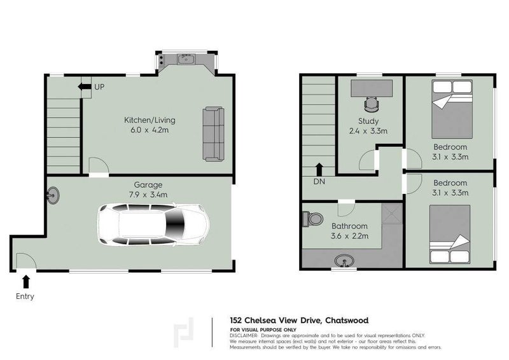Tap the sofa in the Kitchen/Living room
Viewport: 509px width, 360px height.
click(213, 134)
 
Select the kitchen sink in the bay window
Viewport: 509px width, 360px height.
click(186, 60)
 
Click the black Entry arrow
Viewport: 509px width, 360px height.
click(25, 280)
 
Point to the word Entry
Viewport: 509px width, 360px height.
click(25, 296)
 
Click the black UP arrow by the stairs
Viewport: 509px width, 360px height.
click(83, 87)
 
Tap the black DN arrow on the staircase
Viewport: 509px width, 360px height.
click(319, 169)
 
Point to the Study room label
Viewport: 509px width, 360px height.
click(368, 121)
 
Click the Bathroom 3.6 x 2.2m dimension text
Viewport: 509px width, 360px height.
click(349, 237)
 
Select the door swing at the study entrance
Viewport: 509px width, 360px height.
click(368, 162)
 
